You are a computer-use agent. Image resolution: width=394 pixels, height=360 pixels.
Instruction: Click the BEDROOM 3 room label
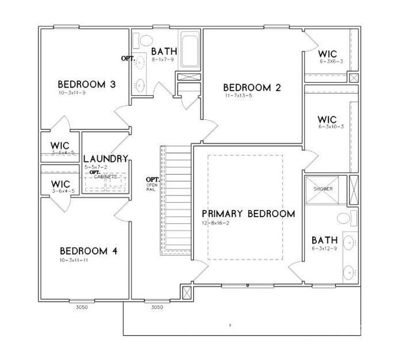(86, 84)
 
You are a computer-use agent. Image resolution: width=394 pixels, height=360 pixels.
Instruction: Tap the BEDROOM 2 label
(252, 87)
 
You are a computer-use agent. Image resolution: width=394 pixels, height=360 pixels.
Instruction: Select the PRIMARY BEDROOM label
(248, 214)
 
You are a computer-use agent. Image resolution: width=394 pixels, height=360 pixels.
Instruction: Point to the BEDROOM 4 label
(88, 251)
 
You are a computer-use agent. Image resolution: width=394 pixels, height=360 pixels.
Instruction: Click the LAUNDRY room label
(106, 158)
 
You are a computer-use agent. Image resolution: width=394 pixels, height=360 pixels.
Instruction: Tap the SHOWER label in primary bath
(323, 189)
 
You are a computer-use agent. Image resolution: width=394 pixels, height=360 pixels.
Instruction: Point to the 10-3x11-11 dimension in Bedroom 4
(75, 260)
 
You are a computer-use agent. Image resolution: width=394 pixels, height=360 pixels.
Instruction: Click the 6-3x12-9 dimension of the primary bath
(324, 247)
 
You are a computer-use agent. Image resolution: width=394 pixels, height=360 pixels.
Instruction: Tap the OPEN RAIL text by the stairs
(152, 187)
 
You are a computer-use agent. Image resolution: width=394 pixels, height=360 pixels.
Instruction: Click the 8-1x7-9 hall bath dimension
(163, 59)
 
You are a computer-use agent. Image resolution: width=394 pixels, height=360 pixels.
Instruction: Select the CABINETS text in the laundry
(105, 176)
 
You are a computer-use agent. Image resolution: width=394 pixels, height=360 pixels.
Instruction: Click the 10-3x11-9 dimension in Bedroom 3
(73, 93)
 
